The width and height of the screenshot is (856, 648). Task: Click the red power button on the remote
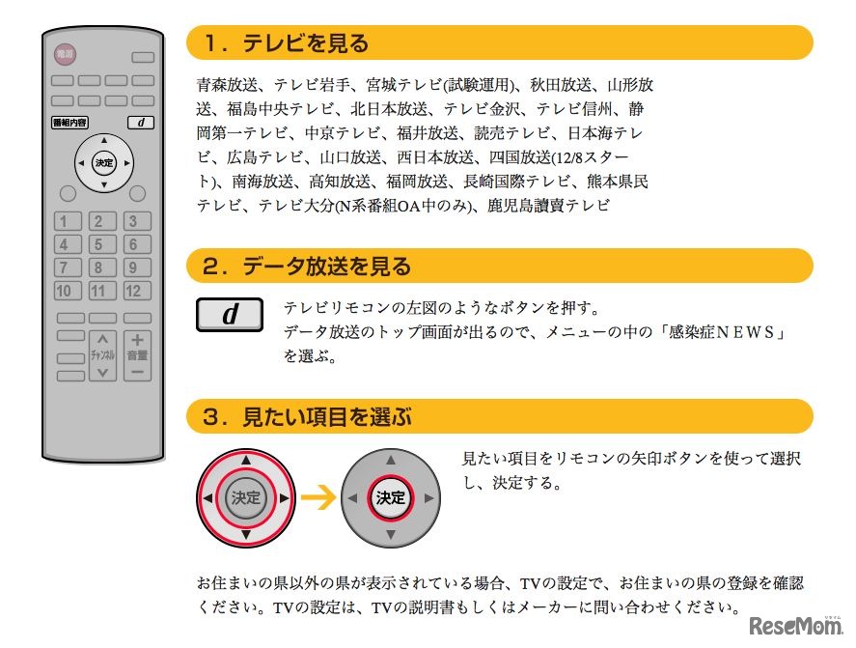coord(65,56)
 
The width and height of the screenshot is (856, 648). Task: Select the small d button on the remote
coord(140,123)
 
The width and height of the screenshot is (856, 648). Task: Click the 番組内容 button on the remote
coord(69,123)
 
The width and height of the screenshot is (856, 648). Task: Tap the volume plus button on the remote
coord(137,340)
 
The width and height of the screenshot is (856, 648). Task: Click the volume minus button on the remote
coord(137,371)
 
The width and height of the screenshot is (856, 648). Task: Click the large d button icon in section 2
coord(230,315)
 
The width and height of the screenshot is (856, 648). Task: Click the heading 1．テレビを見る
coord(286,43)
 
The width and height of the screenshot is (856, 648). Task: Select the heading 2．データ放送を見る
coord(307,266)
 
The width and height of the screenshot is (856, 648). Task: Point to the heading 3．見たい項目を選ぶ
coord(307,417)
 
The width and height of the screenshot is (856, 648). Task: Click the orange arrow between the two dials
coord(318,498)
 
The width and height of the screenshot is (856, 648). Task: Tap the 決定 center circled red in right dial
coord(391,498)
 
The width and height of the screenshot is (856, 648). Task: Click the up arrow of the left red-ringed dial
coord(245,461)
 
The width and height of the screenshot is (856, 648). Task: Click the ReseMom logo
coord(797,623)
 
